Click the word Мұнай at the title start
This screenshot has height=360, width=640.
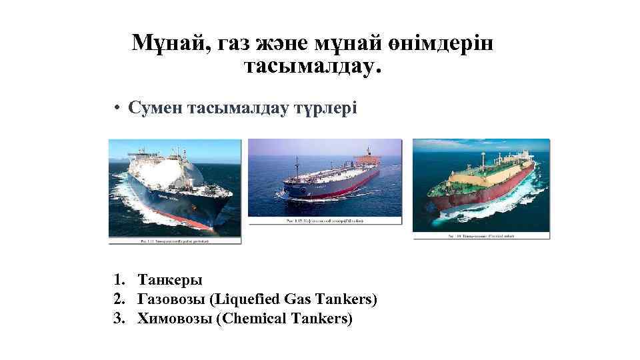click(163, 44)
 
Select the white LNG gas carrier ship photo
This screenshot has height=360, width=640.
click(175, 187)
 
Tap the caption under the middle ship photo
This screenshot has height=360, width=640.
click(325, 220)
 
